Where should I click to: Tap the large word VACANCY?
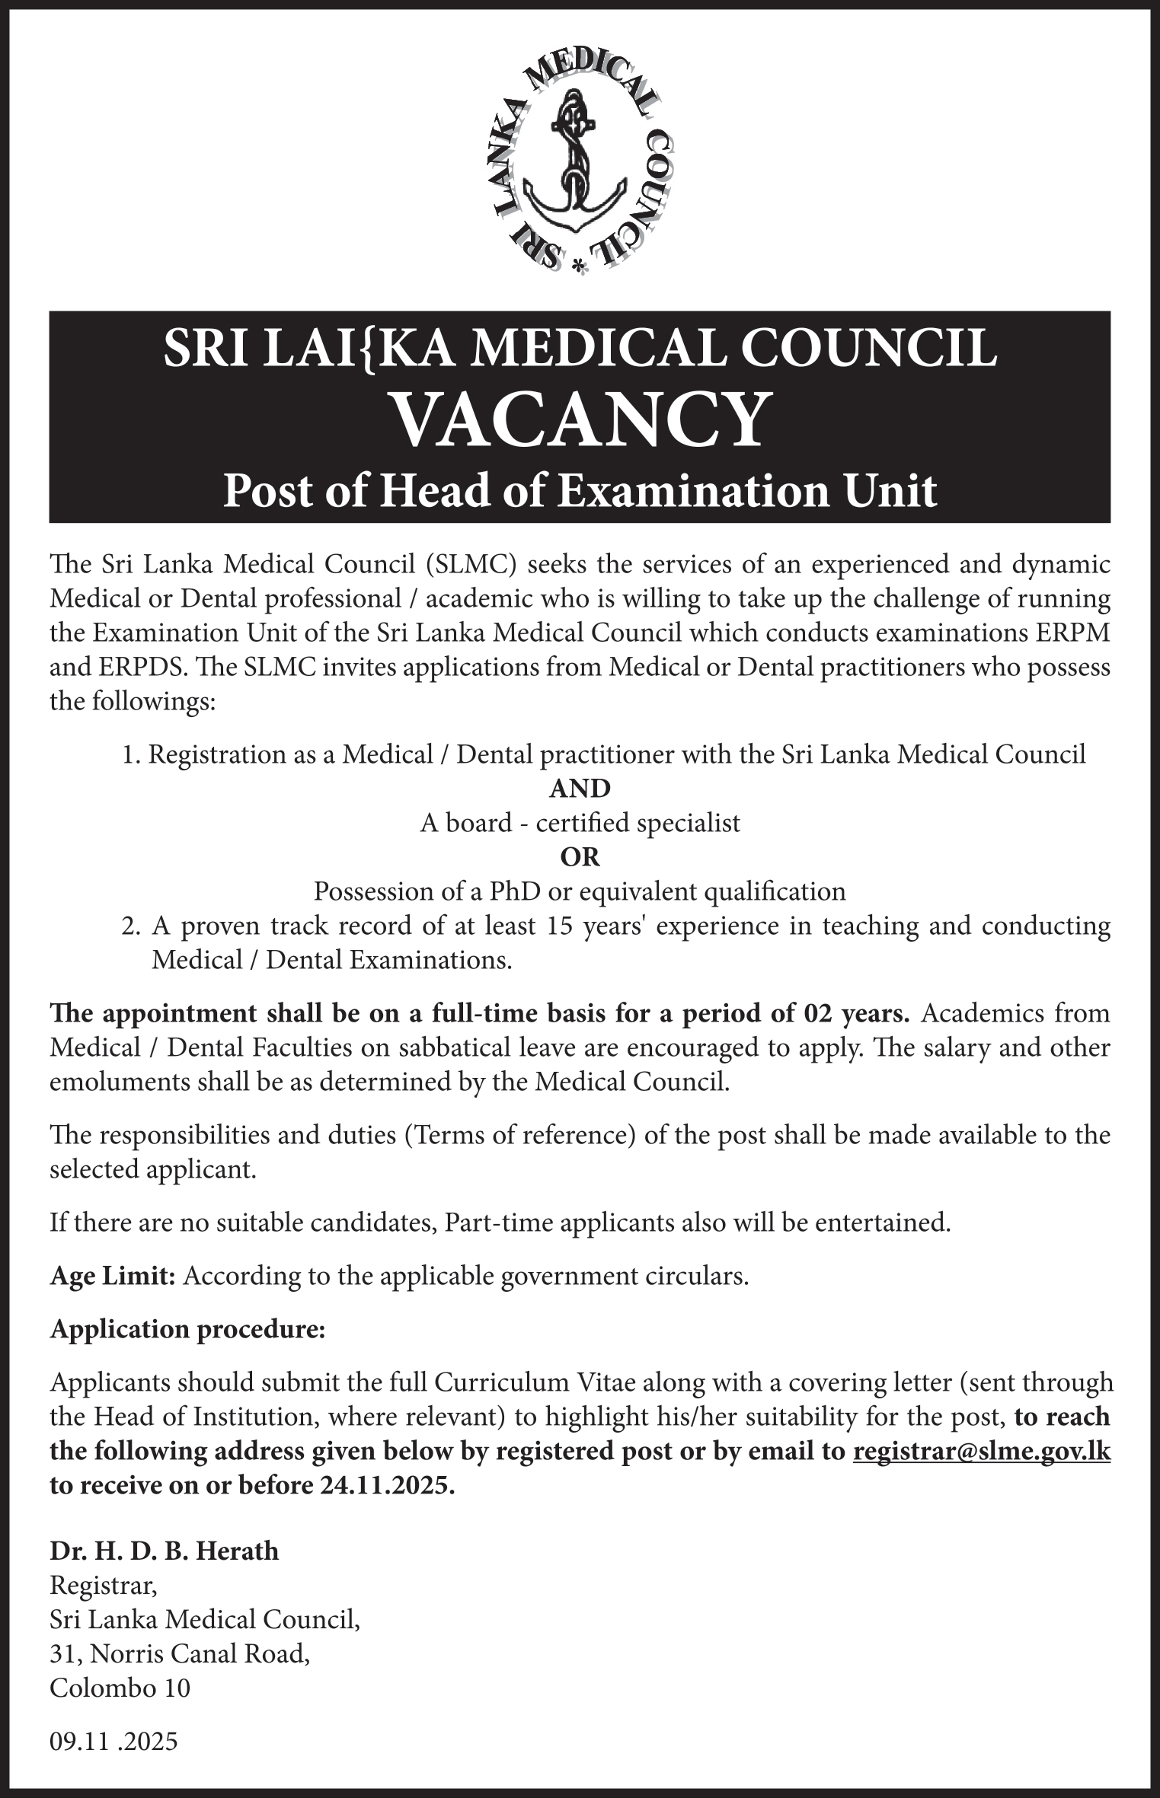point(580,420)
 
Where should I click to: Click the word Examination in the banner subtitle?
point(672,491)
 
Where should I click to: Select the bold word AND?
point(580,788)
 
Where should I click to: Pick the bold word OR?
point(580,857)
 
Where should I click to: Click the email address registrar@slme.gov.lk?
point(981,1452)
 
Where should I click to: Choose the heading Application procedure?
point(187,1329)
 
